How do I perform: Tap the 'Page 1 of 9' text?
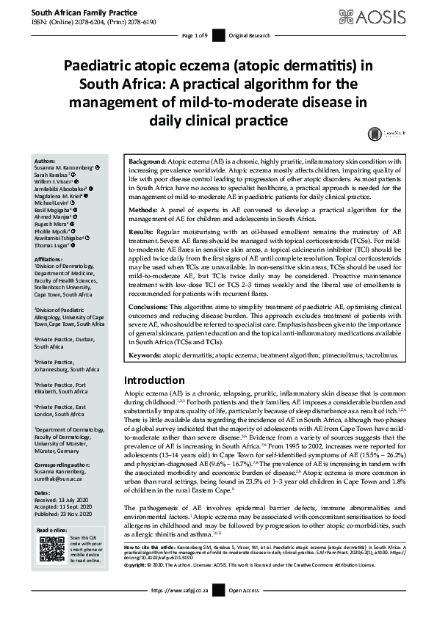click(x=196, y=36)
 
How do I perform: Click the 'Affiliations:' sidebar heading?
click(x=50, y=259)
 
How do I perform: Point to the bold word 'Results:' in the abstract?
click(x=140, y=232)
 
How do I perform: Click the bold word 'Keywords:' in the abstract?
click(x=145, y=355)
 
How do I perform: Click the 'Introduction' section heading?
click(x=154, y=380)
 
